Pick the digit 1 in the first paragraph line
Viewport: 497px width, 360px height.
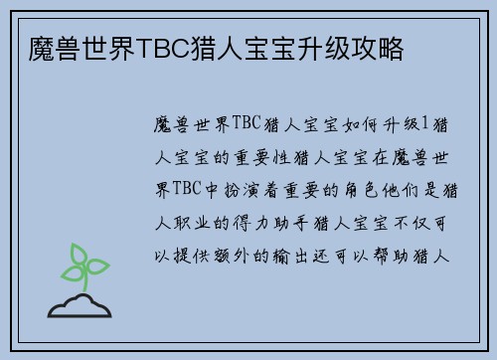pyautogui.click(x=424, y=124)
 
